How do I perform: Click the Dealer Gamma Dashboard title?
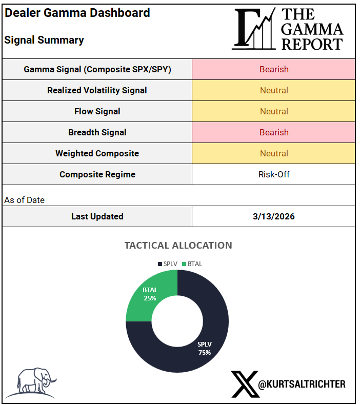(x=77, y=13)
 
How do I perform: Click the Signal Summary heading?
(x=44, y=40)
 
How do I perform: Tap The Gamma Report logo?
(x=288, y=29)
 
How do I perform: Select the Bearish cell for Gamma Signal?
(x=274, y=69)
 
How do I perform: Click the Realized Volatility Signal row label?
(x=97, y=90)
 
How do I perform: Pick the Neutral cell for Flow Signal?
(x=274, y=111)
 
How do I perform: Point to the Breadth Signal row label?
(x=97, y=132)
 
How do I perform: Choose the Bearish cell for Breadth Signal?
(x=274, y=132)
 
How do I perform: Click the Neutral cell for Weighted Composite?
(x=274, y=153)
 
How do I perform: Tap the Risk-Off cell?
(x=274, y=174)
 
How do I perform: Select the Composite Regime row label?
(x=97, y=174)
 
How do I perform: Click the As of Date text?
(x=25, y=200)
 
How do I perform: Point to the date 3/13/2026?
(x=274, y=216)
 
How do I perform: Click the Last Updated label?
(x=97, y=216)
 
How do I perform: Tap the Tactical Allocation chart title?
(x=178, y=245)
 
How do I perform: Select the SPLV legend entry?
(x=168, y=264)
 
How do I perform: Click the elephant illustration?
(x=36, y=382)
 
